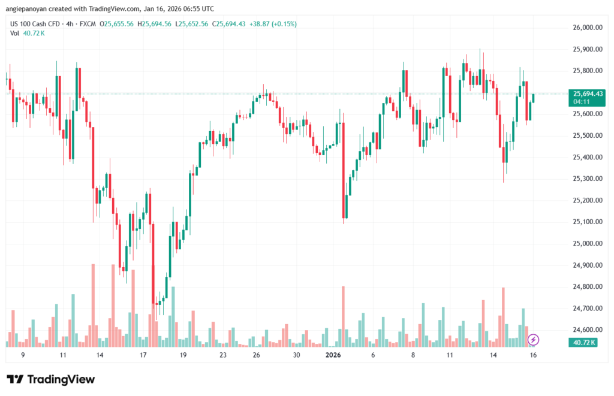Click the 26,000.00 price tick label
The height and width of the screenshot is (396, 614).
pyautogui.click(x=588, y=28)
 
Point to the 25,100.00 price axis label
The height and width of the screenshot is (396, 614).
pyautogui.click(x=588, y=222)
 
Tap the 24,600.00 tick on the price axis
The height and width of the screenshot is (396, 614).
pyautogui.click(x=588, y=330)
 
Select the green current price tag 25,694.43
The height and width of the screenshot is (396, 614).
pyautogui.click(x=588, y=93)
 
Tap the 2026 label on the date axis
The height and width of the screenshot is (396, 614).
pyautogui.click(x=333, y=355)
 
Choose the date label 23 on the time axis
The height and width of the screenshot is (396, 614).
pyautogui.click(x=222, y=355)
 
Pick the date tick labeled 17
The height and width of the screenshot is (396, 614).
pyautogui.click(x=143, y=355)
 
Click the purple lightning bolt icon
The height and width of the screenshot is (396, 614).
pyautogui.click(x=533, y=340)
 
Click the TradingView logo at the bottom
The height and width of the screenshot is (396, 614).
pyautogui.click(x=50, y=379)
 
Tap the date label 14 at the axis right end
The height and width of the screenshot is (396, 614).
pyautogui.click(x=493, y=355)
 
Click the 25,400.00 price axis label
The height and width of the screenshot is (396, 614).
pyautogui.click(x=588, y=157)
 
